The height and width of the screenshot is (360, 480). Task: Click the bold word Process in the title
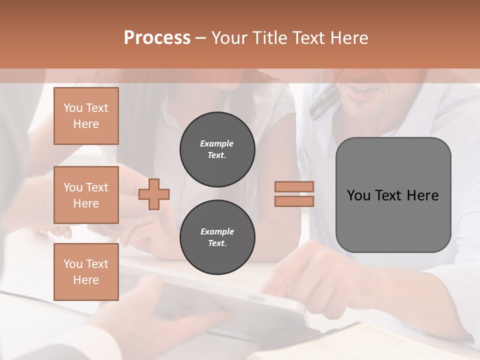coord(157,38)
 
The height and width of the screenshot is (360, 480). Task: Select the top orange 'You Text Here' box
coord(86,116)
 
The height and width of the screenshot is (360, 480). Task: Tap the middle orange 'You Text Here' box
coord(86,195)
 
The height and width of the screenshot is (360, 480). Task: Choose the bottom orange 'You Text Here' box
coord(86,272)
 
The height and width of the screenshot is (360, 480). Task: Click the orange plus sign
coord(154,193)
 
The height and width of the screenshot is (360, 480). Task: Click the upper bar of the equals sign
coord(294,186)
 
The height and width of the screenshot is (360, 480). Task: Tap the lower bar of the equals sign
coord(294,201)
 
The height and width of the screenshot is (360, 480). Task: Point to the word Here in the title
coord(349,38)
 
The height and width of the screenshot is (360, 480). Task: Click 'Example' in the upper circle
coord(217,143)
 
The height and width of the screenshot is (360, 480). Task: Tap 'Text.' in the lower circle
coord(217,243)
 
